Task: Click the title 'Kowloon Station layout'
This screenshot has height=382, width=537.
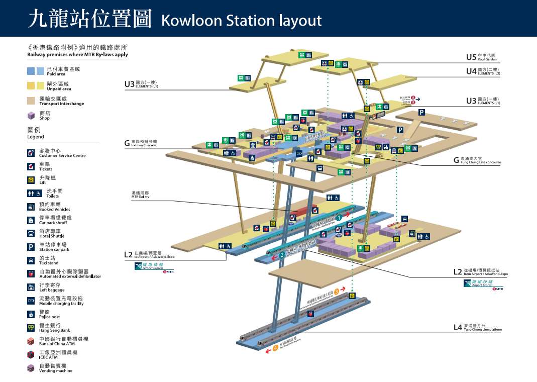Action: (x=241, y=20)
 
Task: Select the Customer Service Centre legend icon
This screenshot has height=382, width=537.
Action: (x=31, y=152)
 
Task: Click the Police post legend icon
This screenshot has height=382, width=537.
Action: (x=31, y=314)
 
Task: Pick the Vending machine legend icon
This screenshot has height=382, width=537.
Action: (x=31, y=368)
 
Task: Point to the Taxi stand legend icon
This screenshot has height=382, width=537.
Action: (x=31, y=260)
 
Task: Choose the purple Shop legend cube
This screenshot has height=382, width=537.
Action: (x=31, y=116)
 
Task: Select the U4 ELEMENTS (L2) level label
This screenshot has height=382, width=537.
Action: (x=483, y=71)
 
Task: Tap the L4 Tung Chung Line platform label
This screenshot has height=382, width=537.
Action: (x=477, y=328)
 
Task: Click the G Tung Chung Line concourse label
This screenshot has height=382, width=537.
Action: (x=477, y=160)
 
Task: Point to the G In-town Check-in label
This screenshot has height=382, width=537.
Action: (x=141, y=143)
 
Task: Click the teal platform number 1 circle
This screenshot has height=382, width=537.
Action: (x=339, y=218)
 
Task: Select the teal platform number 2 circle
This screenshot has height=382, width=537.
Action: (x=282, y=255)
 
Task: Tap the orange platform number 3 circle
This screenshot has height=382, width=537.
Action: (x=337, y=292)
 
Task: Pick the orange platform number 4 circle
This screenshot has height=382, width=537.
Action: (x=275, y=347)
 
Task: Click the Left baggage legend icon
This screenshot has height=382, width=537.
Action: (x=31, y=287)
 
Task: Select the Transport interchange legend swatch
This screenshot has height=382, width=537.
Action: (x=31, y=100)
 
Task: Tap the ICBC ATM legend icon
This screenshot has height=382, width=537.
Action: (x=31, y=354)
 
